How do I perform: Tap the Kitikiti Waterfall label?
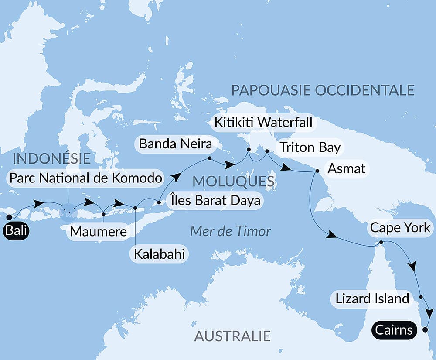click(x=263, y=122)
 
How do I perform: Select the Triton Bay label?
click(x=310, y=147)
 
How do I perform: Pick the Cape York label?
click(x=400, y=228)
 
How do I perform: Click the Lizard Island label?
click(x=372, y=299)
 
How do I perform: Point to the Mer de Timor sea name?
click(x=231, y=231)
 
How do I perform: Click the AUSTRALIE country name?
click(x=232, y=336)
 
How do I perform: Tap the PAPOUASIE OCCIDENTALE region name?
click(x=322, y=90)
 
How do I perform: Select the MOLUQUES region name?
click(x=233, y=181)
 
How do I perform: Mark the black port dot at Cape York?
click(x=381, y=242)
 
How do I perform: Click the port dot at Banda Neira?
click(x=210, y=158)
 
